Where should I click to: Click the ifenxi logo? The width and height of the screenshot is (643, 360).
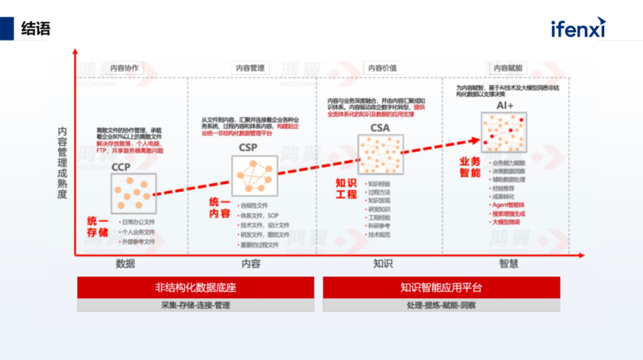click(578, 27)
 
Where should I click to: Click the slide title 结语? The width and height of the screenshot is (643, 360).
click(36, 28)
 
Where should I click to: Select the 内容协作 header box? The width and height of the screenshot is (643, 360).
click(124, 68)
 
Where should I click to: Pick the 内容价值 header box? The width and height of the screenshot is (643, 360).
click(382, 68)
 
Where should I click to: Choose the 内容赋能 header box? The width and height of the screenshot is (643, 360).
click(508, 68)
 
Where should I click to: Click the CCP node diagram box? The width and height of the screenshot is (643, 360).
click(133, 194)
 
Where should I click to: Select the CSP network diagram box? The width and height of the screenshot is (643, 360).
click(254, 176)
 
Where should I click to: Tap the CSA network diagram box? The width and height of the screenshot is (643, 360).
click(380, 154)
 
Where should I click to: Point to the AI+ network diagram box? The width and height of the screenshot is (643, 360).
click(504, 132)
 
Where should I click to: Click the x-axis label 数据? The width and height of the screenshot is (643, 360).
click(125, 264)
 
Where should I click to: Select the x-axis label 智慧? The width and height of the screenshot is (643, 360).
click(509, 264)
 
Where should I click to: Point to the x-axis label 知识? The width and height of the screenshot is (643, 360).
click(383, 264)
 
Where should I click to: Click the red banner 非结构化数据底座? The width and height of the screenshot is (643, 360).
click(195, 287)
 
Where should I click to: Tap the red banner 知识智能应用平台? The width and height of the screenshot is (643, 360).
click(441, 287)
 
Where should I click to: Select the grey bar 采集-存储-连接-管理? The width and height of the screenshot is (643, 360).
click(195, 305)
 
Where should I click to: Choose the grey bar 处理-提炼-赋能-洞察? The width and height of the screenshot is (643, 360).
click(441, 305)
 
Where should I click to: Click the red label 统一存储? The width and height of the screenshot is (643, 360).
click(98, 227)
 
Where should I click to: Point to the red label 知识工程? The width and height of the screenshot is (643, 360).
click(346, 189)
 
